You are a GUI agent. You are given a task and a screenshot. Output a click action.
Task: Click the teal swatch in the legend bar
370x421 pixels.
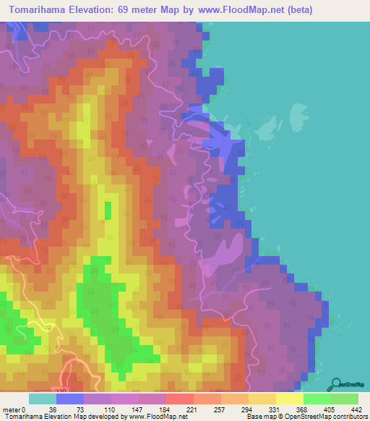pos(43,399)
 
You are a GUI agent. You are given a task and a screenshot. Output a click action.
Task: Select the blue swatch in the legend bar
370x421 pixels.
pos(70,399)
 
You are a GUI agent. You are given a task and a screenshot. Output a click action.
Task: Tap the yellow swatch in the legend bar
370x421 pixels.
pos(290,399)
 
